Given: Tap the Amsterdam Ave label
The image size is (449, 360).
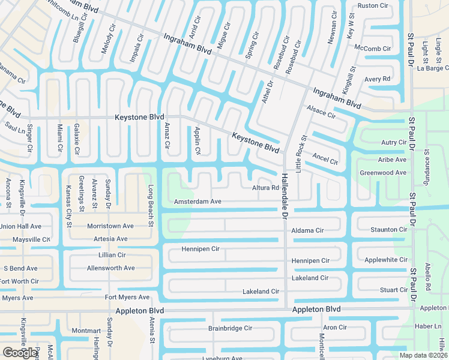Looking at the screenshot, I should tap(198, 202).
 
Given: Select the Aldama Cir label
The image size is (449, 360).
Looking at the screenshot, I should tap(307, 230).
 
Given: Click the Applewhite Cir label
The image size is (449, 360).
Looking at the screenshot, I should tap(386, 260).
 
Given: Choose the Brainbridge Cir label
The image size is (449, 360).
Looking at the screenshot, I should tap(230, 329).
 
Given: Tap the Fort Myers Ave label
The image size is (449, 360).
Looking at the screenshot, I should tap(127, 298).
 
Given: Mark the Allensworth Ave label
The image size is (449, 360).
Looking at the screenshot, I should tap(110, 268).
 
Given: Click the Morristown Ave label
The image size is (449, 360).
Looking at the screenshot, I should tap(110, 226).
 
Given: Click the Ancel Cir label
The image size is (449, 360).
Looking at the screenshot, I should tap(325, 159).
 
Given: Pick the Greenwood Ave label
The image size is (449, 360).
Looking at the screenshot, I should tap(383, 173).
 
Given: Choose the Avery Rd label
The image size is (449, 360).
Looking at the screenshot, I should tap(378, 79).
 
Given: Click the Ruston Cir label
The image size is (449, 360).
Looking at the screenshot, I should tap(373, 6).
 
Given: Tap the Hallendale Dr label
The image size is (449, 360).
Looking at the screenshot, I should tap(285, 196).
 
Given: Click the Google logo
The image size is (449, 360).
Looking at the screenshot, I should tap(20, 353).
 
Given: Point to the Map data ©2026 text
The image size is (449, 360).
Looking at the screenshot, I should tap(423, 355).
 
